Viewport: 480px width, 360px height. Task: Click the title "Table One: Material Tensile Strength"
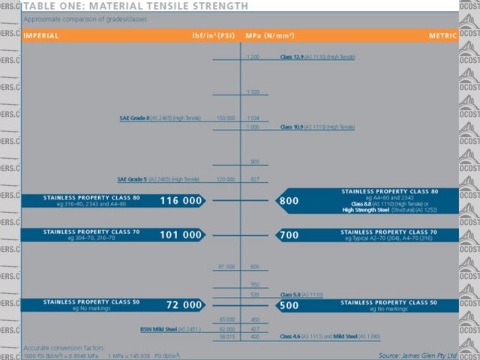tap(135, 6)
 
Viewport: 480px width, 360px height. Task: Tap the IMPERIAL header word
tap(41, 35)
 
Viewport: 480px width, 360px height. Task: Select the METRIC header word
tap(442, 35)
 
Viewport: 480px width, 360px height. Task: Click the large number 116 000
tap(180, 201)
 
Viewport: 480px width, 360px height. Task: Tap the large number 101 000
tap(180, 235)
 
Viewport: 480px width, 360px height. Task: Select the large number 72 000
tap(184, 305)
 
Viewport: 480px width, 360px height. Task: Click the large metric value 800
tap(289, 201)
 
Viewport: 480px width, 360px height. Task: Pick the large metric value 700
tap(289, 235)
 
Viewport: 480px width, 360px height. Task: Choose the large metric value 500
tap(289, 305)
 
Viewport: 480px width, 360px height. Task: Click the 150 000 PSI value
tap(226, 118)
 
